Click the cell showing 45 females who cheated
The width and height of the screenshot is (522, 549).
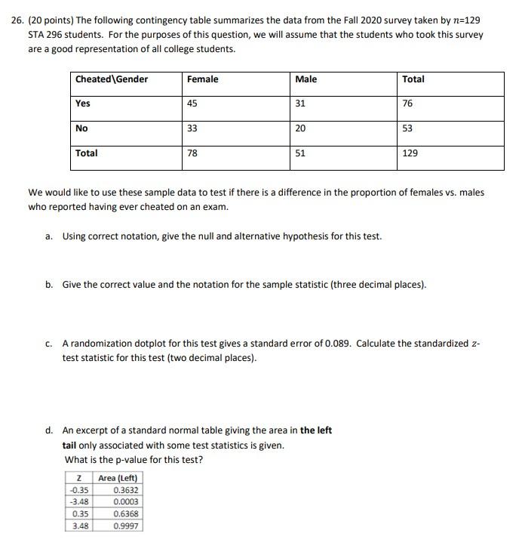tap(192, 104)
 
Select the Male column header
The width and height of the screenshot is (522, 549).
tap(306, 79)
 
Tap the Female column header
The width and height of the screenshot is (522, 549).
tap(202, 79)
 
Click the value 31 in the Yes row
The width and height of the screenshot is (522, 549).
tap(300, 104)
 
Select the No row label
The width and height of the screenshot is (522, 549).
tap(81, 128)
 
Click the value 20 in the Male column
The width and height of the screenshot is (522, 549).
tap(300, 128)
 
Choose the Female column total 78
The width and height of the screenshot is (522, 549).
tap(192, 153)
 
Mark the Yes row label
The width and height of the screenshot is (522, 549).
tap(83, 104)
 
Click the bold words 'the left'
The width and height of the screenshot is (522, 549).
tap(316, 430)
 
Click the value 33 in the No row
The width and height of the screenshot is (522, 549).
tap(192, 128)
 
